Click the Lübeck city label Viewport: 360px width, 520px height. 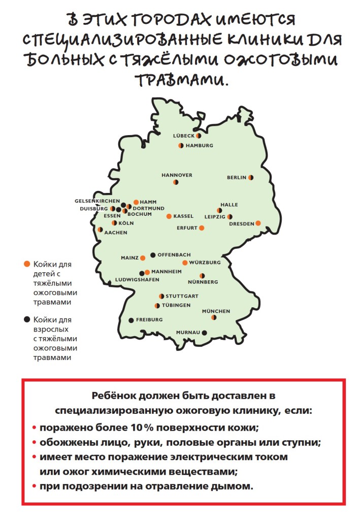tap(184, 136)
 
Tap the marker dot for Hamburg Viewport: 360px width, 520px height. tap(181, 146)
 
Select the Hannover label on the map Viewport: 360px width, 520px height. tap(177, 175)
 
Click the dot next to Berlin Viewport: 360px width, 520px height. tap(250, 178)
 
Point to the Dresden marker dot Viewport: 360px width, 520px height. tap(258, 223)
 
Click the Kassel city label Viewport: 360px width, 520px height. tap(183, 216)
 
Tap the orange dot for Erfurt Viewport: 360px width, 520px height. tap(202, 228)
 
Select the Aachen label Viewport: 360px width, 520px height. tap(115, 233)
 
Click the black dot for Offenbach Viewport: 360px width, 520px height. tap(153, 254)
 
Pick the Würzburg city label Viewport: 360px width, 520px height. tap(205, 263)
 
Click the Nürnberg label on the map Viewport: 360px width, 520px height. tap(203, 282)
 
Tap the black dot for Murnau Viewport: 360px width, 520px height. tap(205, 333)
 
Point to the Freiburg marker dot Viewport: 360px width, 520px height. tap(131, 320)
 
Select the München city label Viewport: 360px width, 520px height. tap(216, 311)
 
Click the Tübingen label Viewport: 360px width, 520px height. tap(176, 306)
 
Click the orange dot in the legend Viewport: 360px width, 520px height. tap(26, 264)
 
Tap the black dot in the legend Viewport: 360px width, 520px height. tap(26, 320)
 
